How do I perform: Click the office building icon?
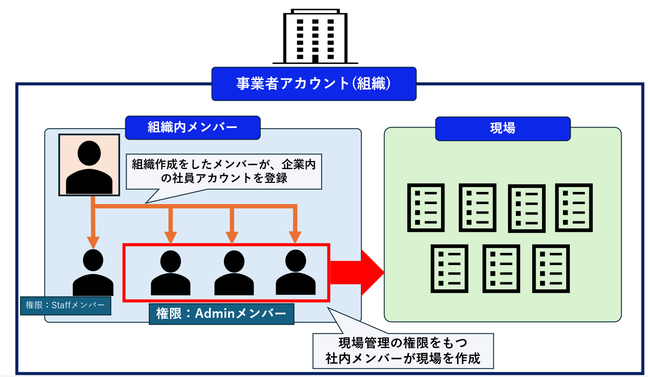coord(315,36)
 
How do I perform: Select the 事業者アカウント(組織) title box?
coord(314,84)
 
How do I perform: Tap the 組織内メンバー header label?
coord(193,128)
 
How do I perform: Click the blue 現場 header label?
coord(503,129)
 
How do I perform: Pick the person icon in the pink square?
coord(89,167)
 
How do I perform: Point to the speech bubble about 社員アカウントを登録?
coord(224,172)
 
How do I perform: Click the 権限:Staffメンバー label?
coord(65,306)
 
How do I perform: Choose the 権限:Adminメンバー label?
coord(222,314)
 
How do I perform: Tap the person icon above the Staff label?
coord(93,272)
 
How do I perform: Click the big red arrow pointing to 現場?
coord(357,272)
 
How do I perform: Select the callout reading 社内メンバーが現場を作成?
coord(403,351)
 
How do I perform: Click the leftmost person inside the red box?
coord(171,273)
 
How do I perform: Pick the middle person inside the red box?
coord(234,273)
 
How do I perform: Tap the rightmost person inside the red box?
coord(295,272)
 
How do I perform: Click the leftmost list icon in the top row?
coord(426,208)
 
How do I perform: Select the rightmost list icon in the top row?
coord(574,208)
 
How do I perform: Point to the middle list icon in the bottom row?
coord(501,269)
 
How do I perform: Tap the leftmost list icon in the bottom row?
coord(449,269)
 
